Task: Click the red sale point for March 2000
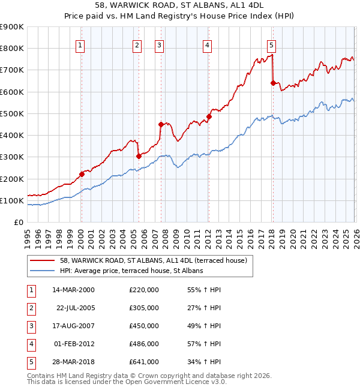click(x=82, y=175)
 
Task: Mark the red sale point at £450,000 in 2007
click(x=161, y=125)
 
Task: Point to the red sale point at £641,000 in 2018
click(x=273, y=83)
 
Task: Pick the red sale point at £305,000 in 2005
click(x=139, y=156)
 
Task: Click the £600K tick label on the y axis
click(x=12, y=92)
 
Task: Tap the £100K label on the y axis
click(x=12, y=200)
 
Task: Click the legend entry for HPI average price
click(x=131, y=271)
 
